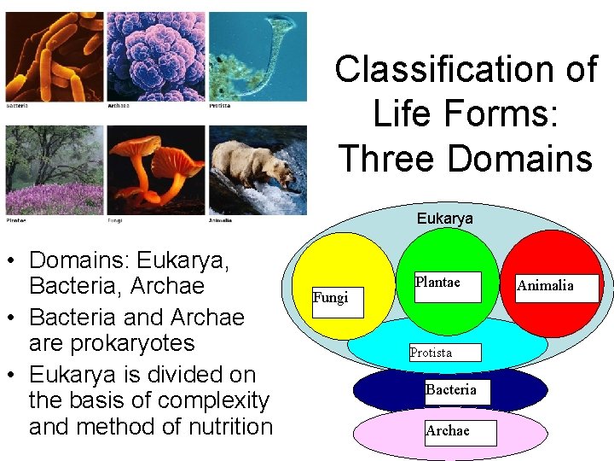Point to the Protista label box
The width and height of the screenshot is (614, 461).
coord(444,352)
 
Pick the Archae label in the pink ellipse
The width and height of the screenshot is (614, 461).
coord(448,431)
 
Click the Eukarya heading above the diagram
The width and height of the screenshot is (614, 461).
coord(444,219)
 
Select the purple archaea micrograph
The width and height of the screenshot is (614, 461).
coord(155,56)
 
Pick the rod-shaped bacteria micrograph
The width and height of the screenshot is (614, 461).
coord(54,56)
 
